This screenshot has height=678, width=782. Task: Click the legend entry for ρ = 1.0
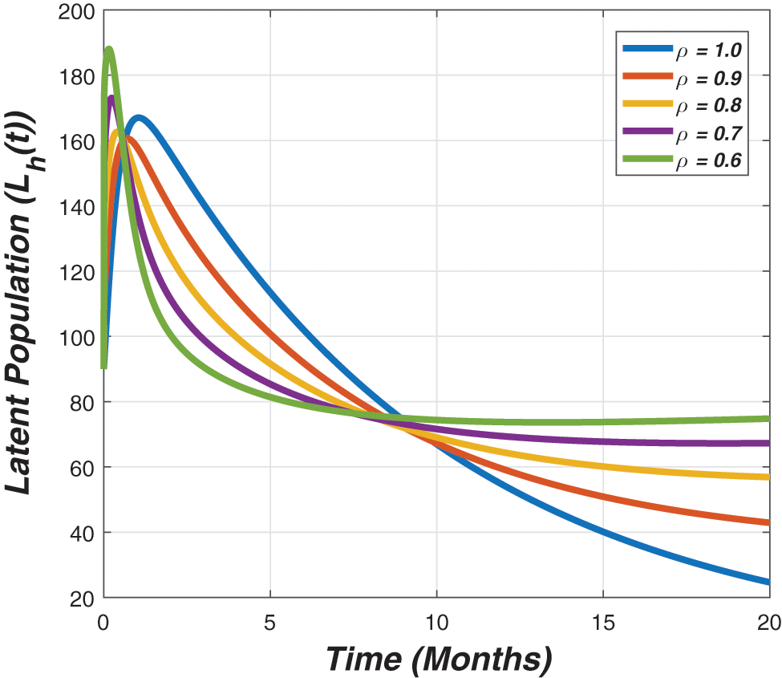coord(682,50)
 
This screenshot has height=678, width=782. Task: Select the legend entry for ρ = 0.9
coord(682,78)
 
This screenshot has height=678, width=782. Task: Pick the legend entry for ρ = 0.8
coord(682,106)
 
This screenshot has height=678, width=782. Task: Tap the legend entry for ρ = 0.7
coord(682,134)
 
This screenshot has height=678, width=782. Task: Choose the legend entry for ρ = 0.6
coord(682,161)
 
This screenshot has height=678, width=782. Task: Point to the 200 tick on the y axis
coord(78,12)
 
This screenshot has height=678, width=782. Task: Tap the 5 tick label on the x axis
coord(270,622)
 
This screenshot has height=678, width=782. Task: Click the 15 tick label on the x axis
coord(603,622)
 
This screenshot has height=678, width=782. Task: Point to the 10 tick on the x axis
coord(437,622)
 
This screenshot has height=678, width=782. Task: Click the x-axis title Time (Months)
coord(439,659)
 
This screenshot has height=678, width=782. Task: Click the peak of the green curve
coord(109,50)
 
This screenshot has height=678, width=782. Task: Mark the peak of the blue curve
coord(139,119)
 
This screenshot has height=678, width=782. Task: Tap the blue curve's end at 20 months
coord(768,582)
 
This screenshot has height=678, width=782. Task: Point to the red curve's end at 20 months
coord(768,522)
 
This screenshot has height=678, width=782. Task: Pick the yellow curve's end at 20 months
coord(768,477)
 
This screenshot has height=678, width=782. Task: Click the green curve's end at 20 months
coord(768,418)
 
